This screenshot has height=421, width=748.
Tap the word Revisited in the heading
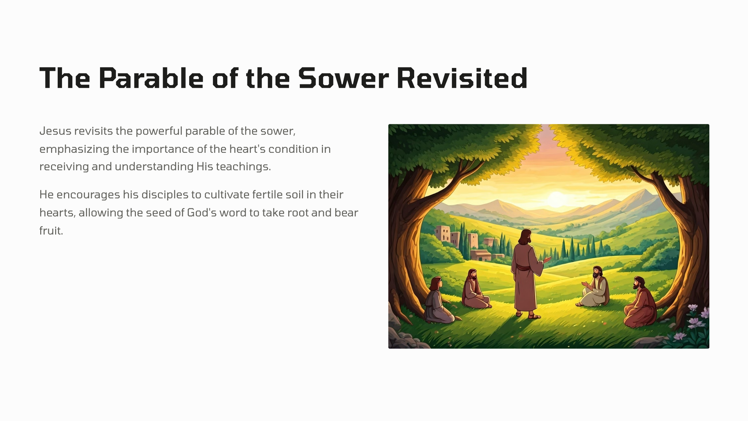click(x=462, y=78)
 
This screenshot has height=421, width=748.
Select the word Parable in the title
click(x=151, y=78)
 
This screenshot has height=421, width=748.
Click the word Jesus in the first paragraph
click(x=55, y=131)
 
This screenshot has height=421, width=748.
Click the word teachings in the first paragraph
click(x=243, y=167)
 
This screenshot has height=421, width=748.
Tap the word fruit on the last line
click(x=51, y=231)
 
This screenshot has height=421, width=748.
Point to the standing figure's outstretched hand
click(x=547, y=259)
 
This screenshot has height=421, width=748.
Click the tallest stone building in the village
click(x=442, y=234)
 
